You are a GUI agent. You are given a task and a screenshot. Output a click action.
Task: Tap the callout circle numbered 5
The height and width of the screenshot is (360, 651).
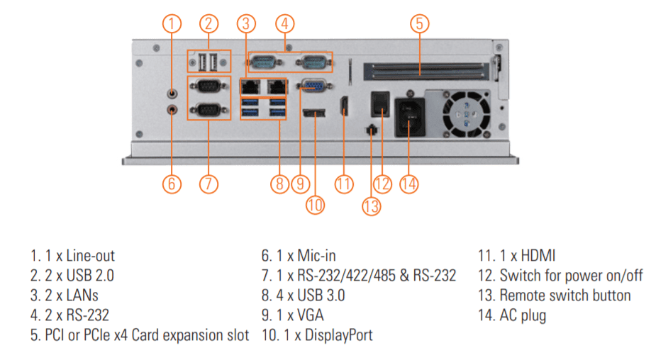click(419, 23)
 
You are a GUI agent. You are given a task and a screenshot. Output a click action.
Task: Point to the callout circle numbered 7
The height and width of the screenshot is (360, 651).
click(208, 184)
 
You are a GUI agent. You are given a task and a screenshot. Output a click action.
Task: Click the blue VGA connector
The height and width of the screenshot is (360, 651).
click(313, 85)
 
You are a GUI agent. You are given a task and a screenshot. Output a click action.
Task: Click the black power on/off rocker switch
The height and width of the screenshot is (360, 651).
click(382, 103)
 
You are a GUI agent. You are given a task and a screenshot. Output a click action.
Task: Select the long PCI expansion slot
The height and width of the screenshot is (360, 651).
click(424, 69)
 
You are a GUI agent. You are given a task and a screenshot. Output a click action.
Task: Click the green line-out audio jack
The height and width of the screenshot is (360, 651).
click(172, 92)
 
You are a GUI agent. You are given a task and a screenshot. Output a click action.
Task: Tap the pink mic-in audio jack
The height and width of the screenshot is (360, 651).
click(172, 109)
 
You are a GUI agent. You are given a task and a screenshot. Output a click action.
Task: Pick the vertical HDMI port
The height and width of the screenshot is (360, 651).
click(344, 107)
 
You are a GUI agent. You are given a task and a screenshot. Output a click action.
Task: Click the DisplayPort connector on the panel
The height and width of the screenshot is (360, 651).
click(313, 113)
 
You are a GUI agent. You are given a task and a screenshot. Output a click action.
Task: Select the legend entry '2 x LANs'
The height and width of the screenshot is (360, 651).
click(65, 295)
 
